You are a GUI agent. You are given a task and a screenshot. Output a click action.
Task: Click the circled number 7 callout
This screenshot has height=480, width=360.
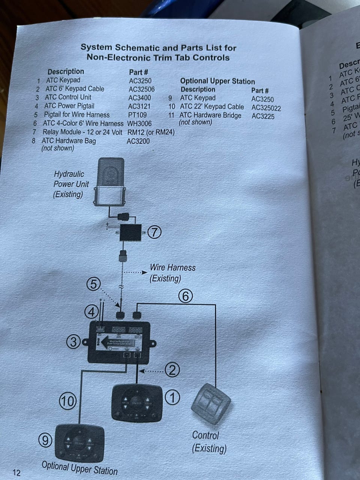(154, 232)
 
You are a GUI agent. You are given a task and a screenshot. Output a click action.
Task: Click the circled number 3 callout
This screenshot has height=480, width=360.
(73, 342)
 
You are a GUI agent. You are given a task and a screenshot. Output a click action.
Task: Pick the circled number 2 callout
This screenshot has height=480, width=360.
(172, 370)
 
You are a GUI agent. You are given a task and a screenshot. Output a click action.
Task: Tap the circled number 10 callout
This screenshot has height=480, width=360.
(67, 401)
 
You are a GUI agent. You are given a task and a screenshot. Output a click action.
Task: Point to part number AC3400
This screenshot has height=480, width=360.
(139, 98)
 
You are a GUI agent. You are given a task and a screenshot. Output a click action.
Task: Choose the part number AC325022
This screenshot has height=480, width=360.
(266, 108)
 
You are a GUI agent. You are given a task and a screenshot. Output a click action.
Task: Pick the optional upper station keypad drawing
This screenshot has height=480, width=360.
(79, 443)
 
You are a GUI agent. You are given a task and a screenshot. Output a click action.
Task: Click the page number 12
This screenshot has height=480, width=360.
(16, 472)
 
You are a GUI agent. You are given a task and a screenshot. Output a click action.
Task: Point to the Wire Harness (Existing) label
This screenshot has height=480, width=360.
(172, 273)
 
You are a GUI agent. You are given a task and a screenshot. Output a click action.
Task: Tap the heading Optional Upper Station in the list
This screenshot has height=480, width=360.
(217, 81)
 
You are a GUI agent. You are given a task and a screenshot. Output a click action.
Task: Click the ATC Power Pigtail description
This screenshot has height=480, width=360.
(69, 106)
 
